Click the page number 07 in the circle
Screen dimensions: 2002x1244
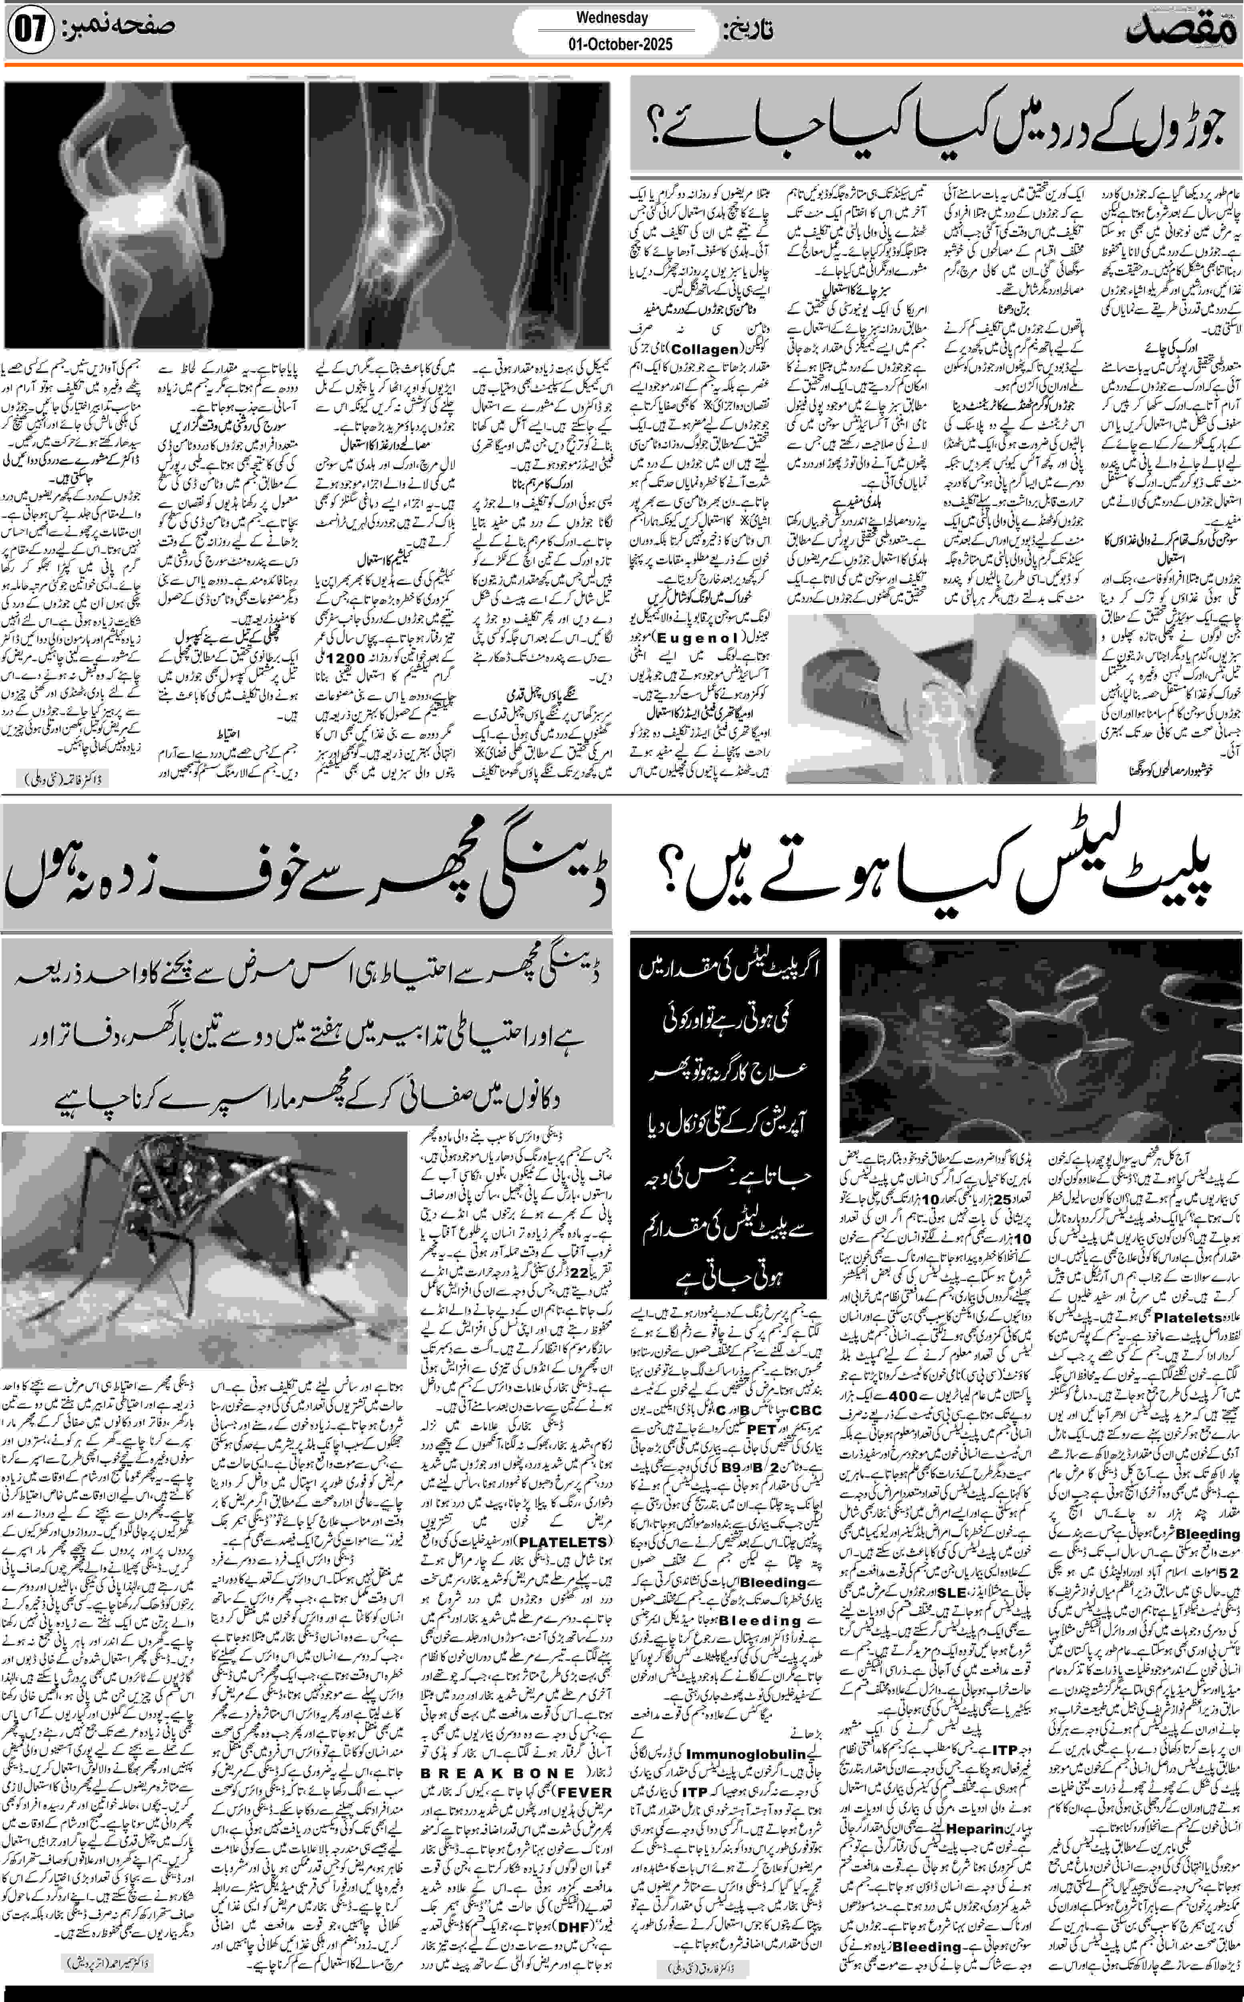click(30, 31)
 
